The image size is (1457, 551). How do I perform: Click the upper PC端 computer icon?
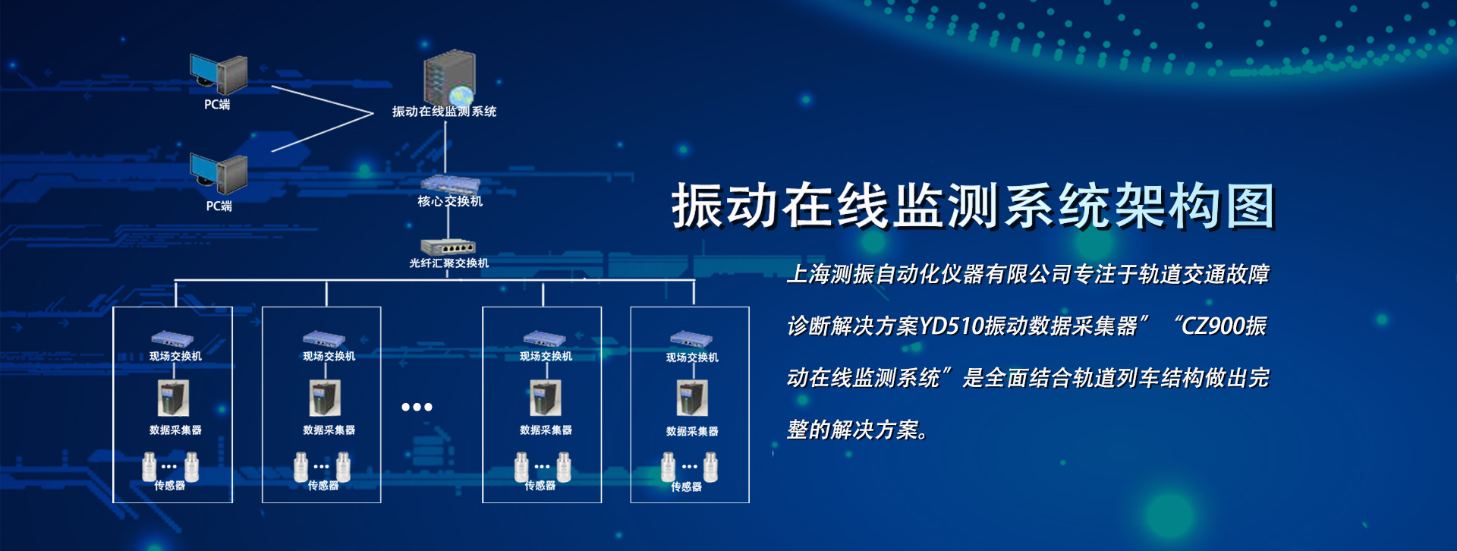219,74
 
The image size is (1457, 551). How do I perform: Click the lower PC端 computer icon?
219,175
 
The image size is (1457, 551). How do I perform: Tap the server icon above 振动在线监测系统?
449,78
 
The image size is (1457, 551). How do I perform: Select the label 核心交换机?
450,201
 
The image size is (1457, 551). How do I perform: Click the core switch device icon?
451,184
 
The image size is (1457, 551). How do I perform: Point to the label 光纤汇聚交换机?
448,263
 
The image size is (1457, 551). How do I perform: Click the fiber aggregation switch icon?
448,247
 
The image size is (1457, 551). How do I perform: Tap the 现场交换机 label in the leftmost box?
175,356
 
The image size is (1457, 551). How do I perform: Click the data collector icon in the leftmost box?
173,398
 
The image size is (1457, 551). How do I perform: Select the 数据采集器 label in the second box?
329,430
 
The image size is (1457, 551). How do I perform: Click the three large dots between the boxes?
417,407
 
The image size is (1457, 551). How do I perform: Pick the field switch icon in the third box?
543,338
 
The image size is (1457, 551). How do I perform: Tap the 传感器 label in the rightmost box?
686,487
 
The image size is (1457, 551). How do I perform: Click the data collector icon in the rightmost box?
692,398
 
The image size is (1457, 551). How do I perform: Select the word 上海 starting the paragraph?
809,274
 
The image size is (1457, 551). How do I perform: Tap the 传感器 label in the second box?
323,486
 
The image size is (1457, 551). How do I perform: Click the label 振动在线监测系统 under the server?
444,112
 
